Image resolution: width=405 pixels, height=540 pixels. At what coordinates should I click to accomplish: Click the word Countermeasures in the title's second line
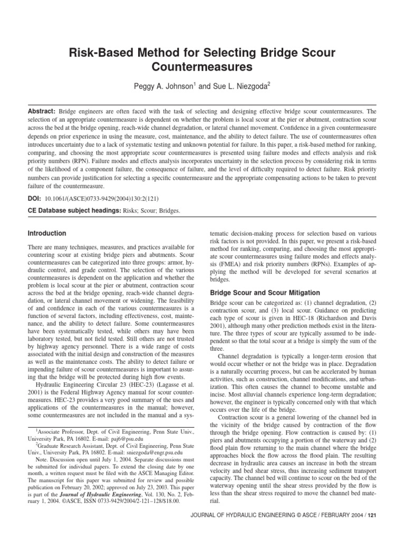pyautogui.click(x=202, y=67)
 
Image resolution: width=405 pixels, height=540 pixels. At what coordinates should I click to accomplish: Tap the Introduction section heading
pyautogui.click(x=47, y=233)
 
